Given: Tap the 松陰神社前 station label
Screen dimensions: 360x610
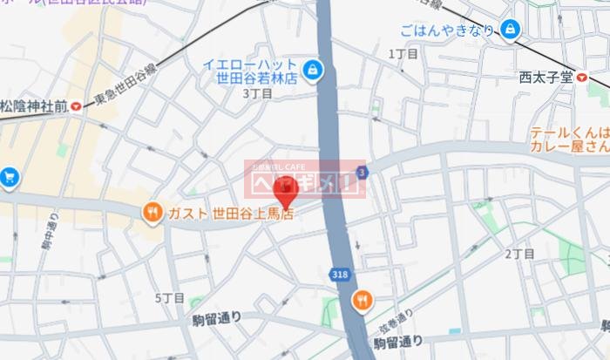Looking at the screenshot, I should [33, 106].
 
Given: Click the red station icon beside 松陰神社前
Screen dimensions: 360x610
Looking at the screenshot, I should [78, 106].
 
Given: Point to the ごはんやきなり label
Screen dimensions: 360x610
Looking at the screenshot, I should [447, 31].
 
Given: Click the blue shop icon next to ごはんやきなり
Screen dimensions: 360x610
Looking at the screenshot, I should [510, 31].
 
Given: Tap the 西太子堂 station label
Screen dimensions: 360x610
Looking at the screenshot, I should [546, 76].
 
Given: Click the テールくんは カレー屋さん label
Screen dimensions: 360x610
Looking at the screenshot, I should [568, 140].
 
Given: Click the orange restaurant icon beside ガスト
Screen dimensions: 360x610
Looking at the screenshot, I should [152, 212].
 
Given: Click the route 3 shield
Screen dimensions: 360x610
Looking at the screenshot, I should [362, 171].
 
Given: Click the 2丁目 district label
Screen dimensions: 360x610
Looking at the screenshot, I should [519, 254].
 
